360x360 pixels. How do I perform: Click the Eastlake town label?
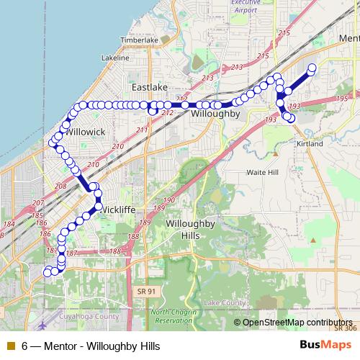[150, 87]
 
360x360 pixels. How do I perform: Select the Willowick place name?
[86, 132]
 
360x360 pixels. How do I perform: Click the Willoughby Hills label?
[190, 230]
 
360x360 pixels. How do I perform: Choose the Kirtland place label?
[310, 143]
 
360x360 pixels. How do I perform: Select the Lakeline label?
[116, 57]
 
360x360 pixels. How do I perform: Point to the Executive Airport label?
[246, 7]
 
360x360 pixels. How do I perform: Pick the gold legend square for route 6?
[10, 346]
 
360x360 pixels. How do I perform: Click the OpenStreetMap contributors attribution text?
[297, 322]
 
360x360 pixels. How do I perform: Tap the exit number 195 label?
[341, 98]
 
